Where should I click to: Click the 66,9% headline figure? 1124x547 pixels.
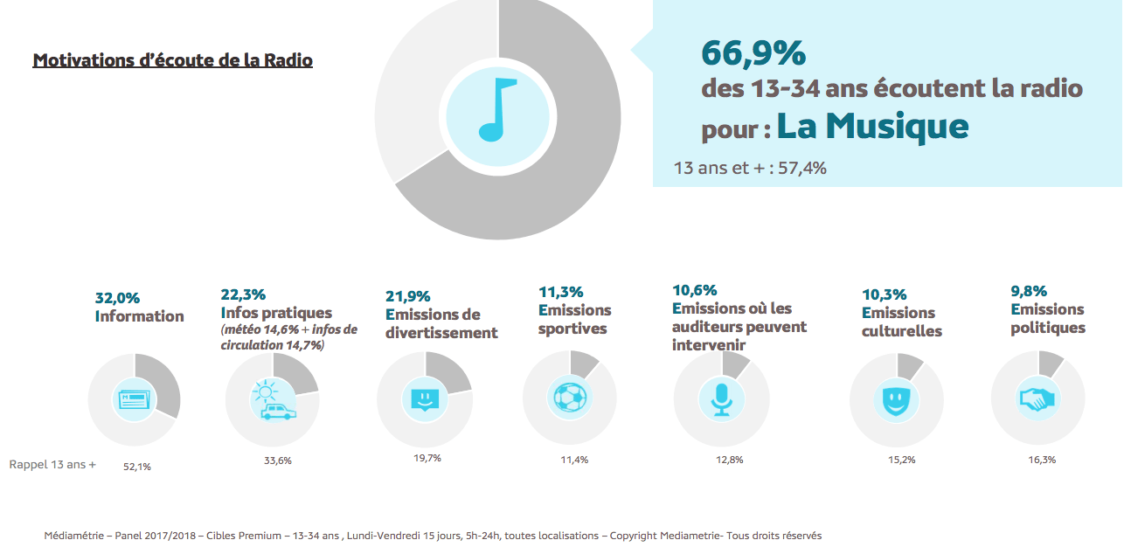click(753, 53)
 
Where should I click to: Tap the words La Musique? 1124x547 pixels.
click(872, 126)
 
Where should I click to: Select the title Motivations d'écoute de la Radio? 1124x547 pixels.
click(172, 60)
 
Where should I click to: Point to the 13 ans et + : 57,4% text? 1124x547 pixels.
click(750, 168)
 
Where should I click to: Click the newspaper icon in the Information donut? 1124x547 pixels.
click(134, 399)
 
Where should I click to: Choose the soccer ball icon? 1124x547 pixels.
click(570, 398)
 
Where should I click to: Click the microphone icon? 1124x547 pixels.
click(721, 399)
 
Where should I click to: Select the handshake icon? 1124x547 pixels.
click(1037, 398)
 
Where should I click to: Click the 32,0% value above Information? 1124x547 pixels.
click(117, 298)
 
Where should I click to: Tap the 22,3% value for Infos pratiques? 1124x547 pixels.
click(243, 294)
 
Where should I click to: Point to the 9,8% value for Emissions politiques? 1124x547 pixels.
click(1029, 291)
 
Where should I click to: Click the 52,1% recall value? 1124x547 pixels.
click(137, 467)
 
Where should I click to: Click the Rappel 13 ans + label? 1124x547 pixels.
click(52, 464)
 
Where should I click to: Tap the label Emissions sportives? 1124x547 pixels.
click(574, 320)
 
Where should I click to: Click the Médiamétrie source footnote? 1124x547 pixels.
click(433, 536)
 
